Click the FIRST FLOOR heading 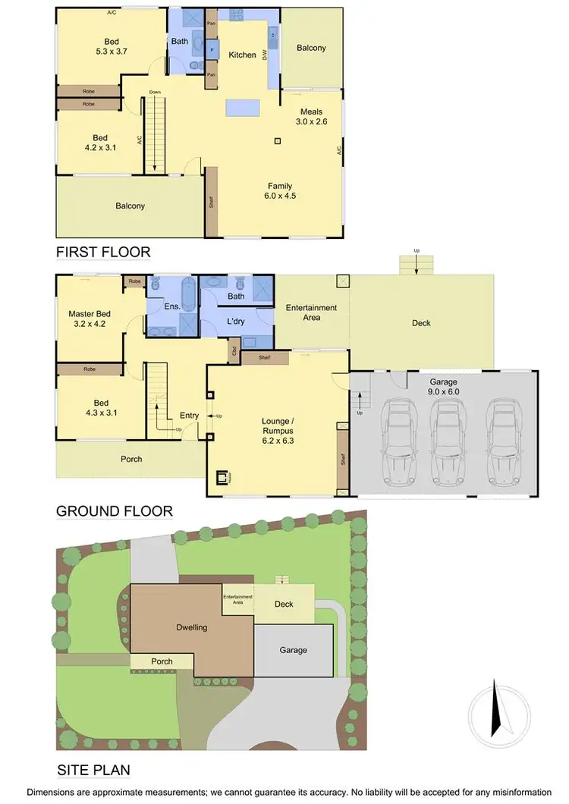(x=104, y=252)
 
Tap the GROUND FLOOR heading (x=115, y=511)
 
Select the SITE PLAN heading (x=93, y=771)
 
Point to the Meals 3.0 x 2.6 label (x=311, y=117)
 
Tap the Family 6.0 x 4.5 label (x=279, y=190)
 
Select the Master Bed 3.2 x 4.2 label (x=90, y=319)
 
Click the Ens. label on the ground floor (x=172, y=307)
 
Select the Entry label (x=189, y=415)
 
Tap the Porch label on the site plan (x=162, y=661)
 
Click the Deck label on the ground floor (x=421, y=323)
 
